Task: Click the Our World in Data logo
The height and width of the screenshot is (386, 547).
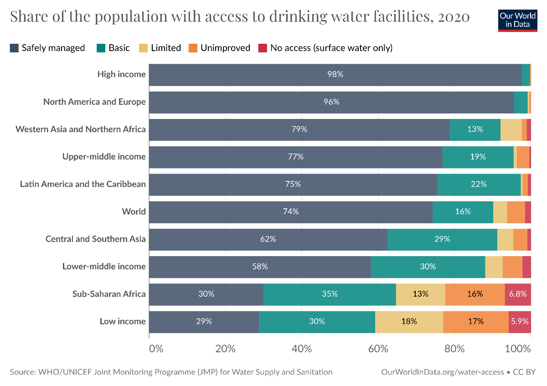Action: pyautogui.click(x=517, y=20)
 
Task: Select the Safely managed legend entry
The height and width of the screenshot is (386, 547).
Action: pyautogui.click(x=47, y=48)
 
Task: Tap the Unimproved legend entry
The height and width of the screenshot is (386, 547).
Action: pyautogui.click(x=220, y=48)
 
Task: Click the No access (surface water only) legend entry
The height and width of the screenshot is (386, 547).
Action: pyautogui.click(x=325, y=48)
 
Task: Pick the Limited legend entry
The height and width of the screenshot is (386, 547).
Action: pyautogui.click(x=160, y=48)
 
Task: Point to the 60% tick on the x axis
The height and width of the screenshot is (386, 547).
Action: pyautogui.click(x=378, y=349)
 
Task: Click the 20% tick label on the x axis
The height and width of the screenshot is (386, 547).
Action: pyautogui.click(x=226, y=349)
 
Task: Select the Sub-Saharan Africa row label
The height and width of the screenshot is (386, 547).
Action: pyautogui.click(x=109, y=294)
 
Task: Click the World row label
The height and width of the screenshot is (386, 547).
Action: pyautogui.click(x=134, y=211)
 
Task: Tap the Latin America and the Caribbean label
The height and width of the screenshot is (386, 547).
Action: pyautogui.click(x=83, y=184)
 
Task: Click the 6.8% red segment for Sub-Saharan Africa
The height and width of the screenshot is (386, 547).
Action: pyautogui.click(x=518, y=294)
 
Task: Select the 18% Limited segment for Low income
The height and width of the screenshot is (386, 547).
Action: pyautogui.click(x=409, y=321)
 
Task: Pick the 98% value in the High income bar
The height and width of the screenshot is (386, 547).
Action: pyautogui.click(x=335, y=74)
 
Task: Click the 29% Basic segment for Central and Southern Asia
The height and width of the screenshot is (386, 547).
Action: pyautogui.click(x=442, y=239)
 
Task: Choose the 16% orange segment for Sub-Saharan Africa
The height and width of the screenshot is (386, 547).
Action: pyautogui.click(x=475, y=294)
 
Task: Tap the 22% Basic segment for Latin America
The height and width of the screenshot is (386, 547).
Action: pyautogui.click(x=479, y=184)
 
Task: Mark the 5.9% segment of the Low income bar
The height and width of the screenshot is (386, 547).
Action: pyautogui.click(x=520, y=321)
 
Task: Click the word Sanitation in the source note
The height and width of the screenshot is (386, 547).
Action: pyautogui.click(x=315, y=372)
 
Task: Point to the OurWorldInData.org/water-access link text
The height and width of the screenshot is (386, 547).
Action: pyautogui.click(x=442, y=372)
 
